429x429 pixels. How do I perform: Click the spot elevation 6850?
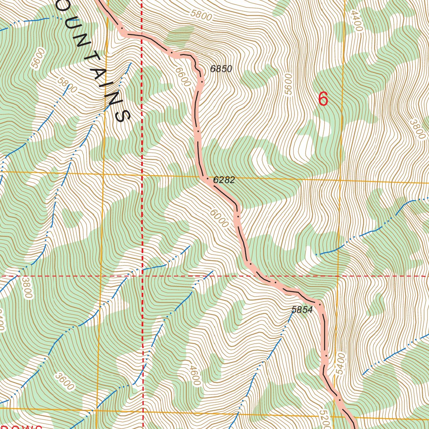[x=221, y=69]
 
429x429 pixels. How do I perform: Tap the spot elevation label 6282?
[x=224, y=180]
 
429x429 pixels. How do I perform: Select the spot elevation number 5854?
[x=302, y=310]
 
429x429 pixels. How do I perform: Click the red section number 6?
[x=323, y=99]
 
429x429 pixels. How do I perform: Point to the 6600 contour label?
[x=183, y=77]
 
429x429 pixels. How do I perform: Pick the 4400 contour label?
[x=356, y=21]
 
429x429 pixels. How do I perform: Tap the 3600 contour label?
[x=64, y=380]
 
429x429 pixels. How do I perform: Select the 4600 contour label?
[x=195, y=376]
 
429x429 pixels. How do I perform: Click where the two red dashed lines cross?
[x=142, y=276]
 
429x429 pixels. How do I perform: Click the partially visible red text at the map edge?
[x=21, y=426]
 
